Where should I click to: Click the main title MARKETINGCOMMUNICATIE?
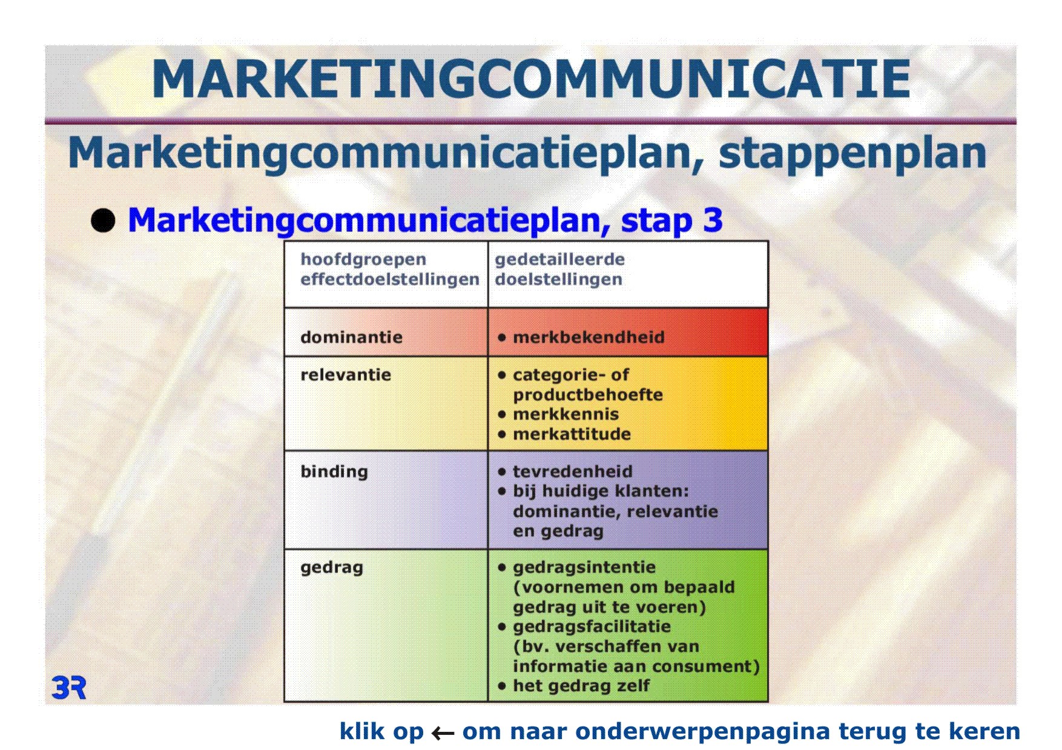click(x=531, y=79)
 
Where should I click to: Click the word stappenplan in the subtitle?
click(x=853, y=154)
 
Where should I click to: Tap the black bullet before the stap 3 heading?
click(x=103, y=221)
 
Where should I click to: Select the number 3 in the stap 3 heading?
click(x=713, y=220)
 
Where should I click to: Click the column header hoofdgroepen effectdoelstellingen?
click(x=390, y=269)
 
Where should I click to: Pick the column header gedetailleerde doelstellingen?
click(x=559, y=269)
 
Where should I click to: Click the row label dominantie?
click(x=351, y=337)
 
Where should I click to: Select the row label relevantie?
click(x=346, y=375)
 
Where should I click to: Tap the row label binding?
click(x=334, y=472)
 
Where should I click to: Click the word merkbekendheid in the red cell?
click(x=589, y=337)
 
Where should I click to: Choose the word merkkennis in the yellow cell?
click(x=566, y=414)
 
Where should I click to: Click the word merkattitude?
click(x=572, y=434)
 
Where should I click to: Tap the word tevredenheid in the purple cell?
click(x=573, y=472)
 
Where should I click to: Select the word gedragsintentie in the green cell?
click(x=584, y=568)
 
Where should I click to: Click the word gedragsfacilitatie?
click(x=592, y=627)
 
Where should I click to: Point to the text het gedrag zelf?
click(x=581, y=686)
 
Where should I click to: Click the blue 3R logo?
click(x=69, y=688)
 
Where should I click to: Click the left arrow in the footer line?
click(x=443, y=734)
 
